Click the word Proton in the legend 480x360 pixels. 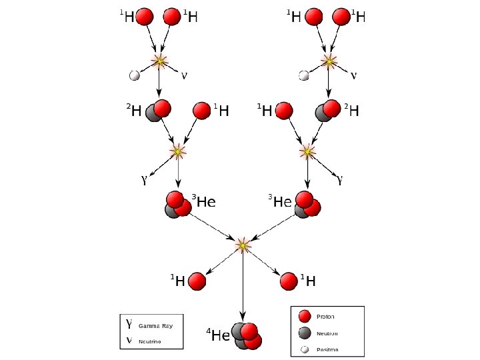tap(326, 317)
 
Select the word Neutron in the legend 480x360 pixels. tap(327, 333)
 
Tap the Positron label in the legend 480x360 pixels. tap(327, 349)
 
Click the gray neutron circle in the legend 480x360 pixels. tap(305, 333)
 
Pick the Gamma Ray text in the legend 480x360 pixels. tap(155, 326)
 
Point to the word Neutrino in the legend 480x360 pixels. tap(150, 342)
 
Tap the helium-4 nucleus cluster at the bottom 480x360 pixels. tap(247, 335)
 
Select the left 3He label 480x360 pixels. tap(204, 200)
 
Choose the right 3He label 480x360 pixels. tap(280, 200)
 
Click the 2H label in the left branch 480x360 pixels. tap(134, 111)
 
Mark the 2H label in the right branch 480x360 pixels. tap(351, 111)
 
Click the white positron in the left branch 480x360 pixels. tap(134, 75)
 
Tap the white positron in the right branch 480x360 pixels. tap(304, 75)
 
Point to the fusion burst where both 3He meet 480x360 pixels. tap(243, 245)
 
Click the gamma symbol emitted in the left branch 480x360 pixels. tap(143, 180)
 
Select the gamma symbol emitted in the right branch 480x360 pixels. tap(341, 179)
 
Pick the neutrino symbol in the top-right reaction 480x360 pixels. tap(353, 75)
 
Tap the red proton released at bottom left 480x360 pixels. tap(197, 281)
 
